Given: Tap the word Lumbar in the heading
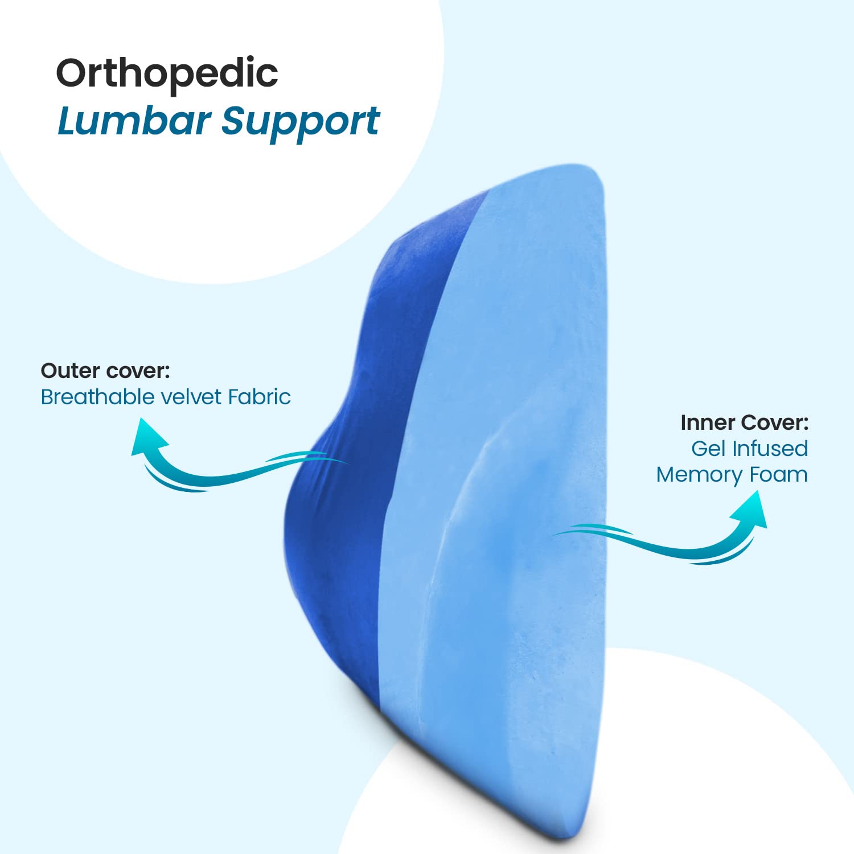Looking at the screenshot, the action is coord(134,122).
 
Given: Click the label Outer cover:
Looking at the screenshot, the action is coord(105,371).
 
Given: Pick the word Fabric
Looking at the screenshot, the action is coord(260,397).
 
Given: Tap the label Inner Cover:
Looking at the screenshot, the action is coord(744,422).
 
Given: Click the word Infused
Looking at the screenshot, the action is coord(770,449).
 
